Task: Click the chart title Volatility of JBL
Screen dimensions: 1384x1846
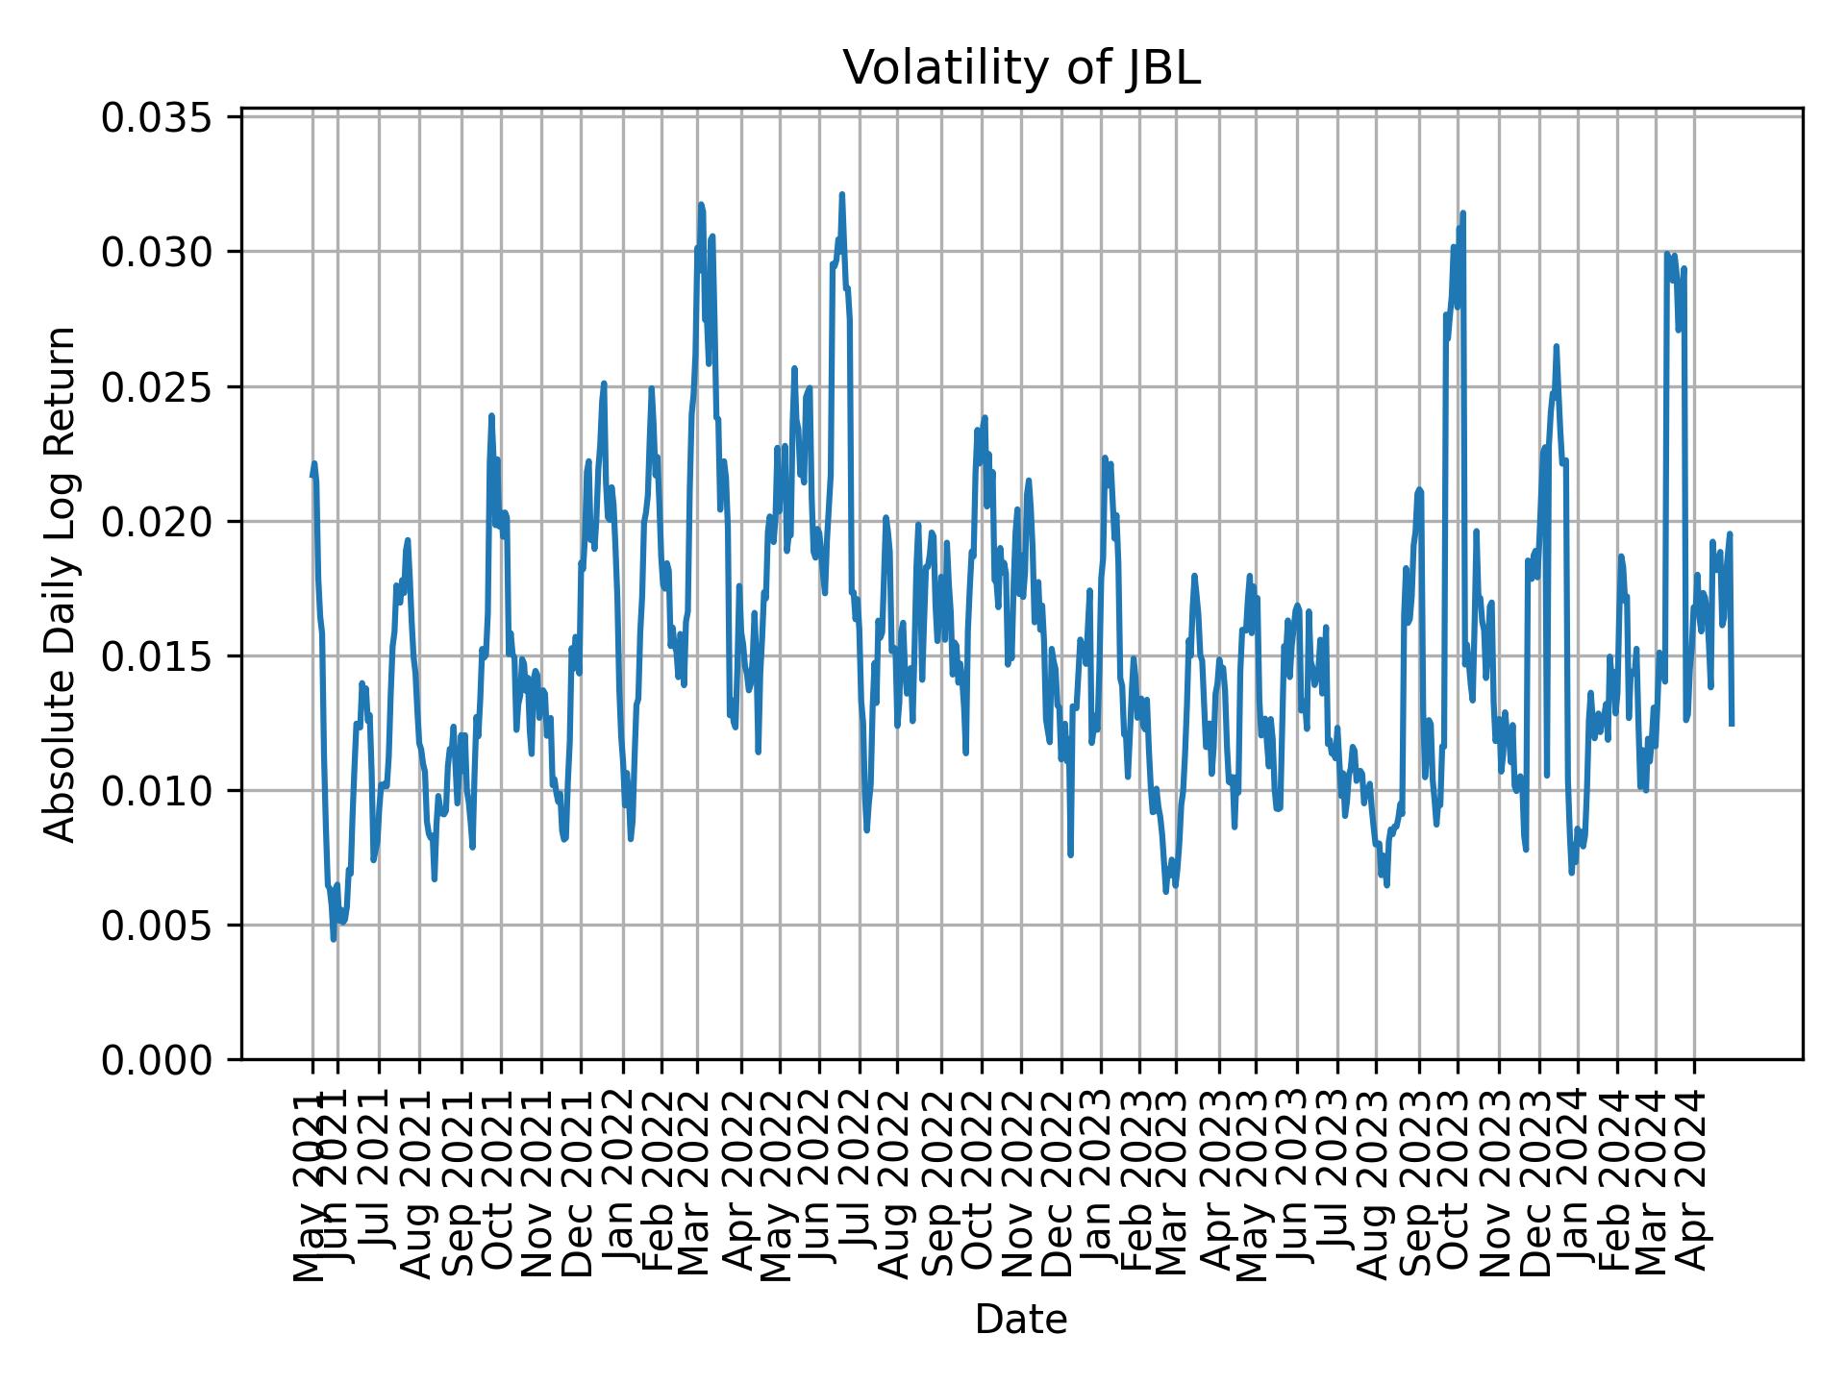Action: [x=1021, y=68]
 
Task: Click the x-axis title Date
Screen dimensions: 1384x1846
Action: [x=1021, y=1320]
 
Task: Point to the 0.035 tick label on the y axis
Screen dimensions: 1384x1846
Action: [x=163, y=118]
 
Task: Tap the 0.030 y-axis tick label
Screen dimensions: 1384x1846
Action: [x=163, y=253]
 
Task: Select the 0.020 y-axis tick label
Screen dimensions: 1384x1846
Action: [x=163, y=522]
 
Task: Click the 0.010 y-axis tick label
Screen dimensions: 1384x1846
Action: [x=163, y=791]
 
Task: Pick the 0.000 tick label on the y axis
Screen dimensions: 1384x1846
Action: [x=163, y=1060]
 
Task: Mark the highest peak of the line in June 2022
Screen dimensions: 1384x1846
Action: [x=841, y=194]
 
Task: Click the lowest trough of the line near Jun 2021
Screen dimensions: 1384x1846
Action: [x=334, y=939]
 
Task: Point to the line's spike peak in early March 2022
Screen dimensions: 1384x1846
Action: [x=701, y=204]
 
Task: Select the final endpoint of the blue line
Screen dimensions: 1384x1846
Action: [x=1732, y=725]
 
